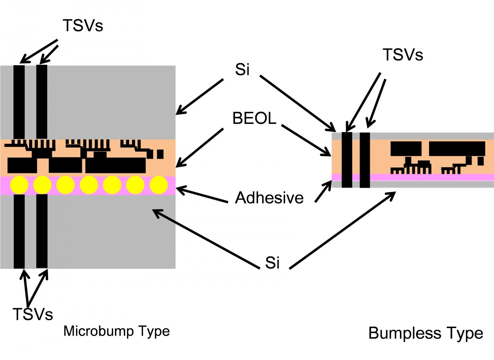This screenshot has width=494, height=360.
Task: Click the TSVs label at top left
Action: [83, 25]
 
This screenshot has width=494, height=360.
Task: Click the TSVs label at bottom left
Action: [33, 314]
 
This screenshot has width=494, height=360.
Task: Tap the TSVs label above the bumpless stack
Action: [403, 55]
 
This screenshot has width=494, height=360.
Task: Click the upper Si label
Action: [242, 70]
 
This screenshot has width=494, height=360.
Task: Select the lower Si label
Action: [272, 263]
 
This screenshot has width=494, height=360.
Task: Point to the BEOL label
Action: [254, 118]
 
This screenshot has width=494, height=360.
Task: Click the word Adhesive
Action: [269, 198]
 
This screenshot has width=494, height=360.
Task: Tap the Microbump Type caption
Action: [117, 331]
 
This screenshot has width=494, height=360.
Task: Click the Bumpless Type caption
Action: [426, 333]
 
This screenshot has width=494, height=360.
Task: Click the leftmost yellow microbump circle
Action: [19, 185]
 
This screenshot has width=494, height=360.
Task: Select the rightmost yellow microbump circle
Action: [159, 185]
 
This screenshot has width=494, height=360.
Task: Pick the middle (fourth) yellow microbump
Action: [89, 185]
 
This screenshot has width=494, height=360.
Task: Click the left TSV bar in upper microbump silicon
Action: [19, 102]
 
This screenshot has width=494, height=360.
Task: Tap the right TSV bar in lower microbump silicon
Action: [42, 231]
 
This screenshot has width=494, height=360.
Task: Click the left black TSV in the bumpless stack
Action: [347, 160]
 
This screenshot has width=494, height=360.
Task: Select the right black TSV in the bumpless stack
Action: [365, 160]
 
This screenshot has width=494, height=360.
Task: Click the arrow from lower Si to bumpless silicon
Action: [343, 230]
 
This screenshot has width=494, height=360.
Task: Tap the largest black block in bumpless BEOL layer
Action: [457, 149]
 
